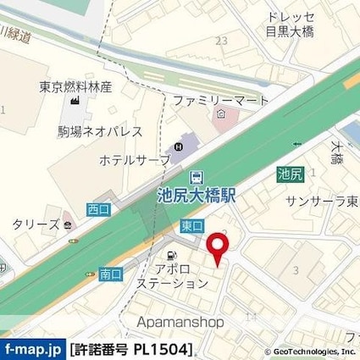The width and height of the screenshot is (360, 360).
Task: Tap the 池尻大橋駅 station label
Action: (197, 195)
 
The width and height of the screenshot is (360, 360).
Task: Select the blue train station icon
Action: (197, 177)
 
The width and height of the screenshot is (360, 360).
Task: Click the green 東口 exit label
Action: (191, 225)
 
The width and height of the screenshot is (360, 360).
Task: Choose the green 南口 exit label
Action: (110, 274)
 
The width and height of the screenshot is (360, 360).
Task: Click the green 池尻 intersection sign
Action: (290, 174)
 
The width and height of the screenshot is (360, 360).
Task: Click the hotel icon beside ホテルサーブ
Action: (178, 147)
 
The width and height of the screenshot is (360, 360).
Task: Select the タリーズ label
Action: (36, 224)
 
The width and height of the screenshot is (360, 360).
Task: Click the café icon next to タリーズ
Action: (69, 224)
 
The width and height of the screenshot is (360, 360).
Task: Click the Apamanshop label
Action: (180, 323)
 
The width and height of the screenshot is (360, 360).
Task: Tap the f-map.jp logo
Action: (33, 349)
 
